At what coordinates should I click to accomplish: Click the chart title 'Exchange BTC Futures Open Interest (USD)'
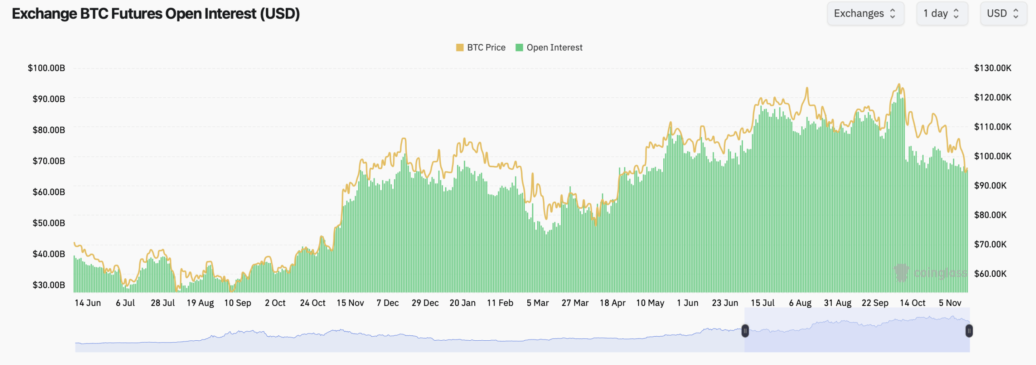click(x=156, y=14)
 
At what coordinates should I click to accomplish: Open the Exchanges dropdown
click(x=865, y=14)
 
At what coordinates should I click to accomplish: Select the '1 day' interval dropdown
click(x=942, y=14)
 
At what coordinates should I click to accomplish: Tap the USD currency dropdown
click(x=1003, y=14)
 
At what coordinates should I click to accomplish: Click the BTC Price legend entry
click(x=481, y=47)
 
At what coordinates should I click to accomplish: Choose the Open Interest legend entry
click(x=549, y=47)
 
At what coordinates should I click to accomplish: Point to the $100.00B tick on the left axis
click(x=46, y=68)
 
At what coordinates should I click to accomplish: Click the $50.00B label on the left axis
click(x=49, y=223)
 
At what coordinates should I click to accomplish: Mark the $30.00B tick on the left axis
click(x=49, y=285)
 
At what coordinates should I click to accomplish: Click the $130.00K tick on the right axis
click(x=992, y=68)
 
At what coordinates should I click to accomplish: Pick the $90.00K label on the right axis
click(x=990, y=186)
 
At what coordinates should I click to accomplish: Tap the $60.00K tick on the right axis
click(x=990, y=273)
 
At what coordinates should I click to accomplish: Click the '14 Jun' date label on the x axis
click(x=88, y=303)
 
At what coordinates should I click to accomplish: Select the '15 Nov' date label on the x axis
click(x=350, y=303)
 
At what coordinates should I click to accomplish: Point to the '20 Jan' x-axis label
click(x=463, y=303)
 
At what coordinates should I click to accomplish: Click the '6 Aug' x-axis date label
click(x=800, y=303)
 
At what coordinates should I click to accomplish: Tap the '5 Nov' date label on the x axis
click(x=950, y=303)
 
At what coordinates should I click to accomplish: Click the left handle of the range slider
click(x=745, y=331)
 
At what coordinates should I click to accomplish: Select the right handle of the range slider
click(x=969, y=331)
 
